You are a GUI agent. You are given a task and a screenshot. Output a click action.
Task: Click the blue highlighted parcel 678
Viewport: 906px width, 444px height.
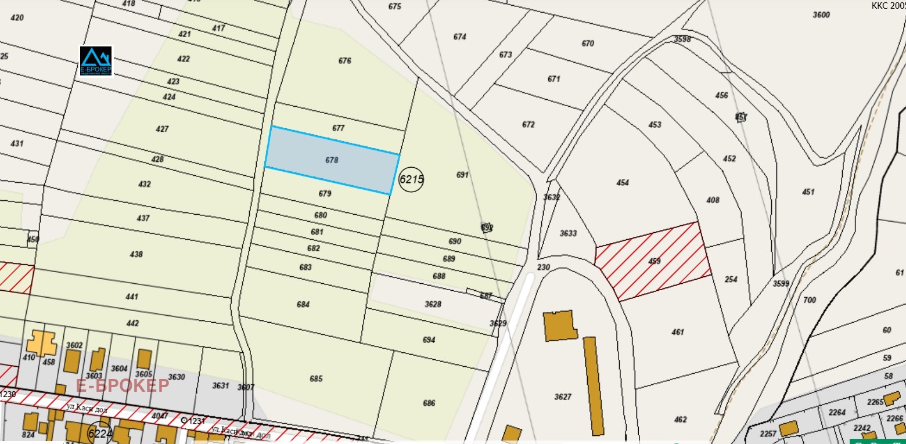click(x=332, y=160)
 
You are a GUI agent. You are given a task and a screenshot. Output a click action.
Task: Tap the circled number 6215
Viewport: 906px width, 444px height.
click(x=411, y=179)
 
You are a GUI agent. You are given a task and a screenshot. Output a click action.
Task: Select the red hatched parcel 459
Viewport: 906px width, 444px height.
click(x=653, y=261)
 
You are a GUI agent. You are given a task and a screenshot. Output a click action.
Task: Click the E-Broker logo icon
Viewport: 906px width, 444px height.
click(x=96, y=61)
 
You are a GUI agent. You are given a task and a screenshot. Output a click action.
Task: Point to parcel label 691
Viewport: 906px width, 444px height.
click(x=462, y=174)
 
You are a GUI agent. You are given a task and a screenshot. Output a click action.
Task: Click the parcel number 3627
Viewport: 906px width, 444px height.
click(x=563, y=397)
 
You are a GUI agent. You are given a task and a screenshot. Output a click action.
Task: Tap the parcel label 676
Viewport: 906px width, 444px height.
click(x=345, y=60)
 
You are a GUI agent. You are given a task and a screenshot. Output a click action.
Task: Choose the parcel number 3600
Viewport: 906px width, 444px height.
click(x=821, y=15)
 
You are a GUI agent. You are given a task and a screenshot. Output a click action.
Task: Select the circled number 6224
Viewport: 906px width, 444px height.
click(x=100, y=434)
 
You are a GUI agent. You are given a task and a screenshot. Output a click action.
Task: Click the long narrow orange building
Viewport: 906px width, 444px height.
click(x=593, y=385)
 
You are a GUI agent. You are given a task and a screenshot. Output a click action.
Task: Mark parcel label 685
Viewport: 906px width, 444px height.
click(x=316, y=379)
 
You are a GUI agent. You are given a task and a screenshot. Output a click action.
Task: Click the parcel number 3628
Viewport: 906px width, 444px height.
click(x=433, y=304)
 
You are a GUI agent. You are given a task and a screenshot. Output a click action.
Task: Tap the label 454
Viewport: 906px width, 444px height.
click(x=623, y=182)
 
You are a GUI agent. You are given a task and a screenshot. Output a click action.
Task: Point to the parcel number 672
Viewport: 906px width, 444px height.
click(x=528, y=124)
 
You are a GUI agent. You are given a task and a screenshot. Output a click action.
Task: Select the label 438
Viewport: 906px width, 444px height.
click(x=136, y=254)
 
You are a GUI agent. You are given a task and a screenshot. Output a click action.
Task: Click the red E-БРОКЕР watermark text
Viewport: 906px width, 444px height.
click(x=123, y=385)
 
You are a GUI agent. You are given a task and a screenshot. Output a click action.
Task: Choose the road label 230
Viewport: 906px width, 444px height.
click(x=543, y=267)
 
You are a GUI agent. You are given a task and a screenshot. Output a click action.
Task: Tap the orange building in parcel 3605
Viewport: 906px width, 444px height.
click(x=144, y=358)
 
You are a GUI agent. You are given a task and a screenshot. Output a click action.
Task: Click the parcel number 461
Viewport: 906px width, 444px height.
click(x=677, y=332)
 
